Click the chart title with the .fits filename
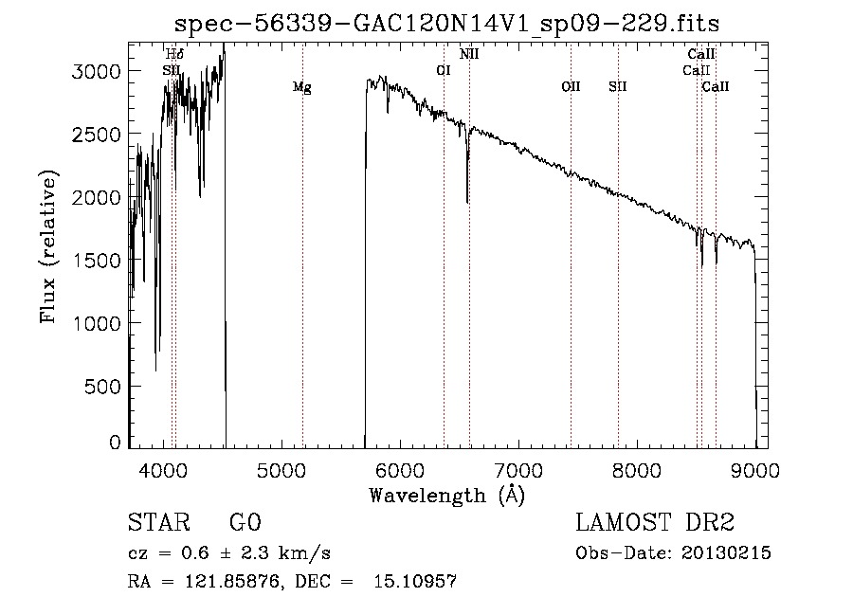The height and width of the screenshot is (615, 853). click(x=446, y=24)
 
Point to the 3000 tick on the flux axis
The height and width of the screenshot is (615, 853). click(x=96, y=71)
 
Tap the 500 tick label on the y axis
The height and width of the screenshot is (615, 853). click(x=101, y=387)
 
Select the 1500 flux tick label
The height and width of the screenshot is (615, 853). click(x=96, y=261)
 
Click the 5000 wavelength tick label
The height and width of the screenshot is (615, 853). click(x=281, y=471)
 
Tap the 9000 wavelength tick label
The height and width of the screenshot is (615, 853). click(x=755, y=471)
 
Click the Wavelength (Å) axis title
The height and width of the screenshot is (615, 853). click(x=447, y=496)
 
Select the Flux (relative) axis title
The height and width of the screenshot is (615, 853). click(x=48, y=246)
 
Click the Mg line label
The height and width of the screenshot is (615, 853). click(x=302, y=87)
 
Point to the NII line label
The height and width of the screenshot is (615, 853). click(x=469, y=54)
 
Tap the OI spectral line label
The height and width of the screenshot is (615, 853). click(x=444, y=70)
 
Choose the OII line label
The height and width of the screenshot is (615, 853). click(x=571, y=86)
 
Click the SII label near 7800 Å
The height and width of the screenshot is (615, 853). click(x=617, y=86)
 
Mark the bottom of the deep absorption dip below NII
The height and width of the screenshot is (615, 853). click(x=467, y=202)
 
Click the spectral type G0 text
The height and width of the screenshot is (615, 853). click(x=245, y=522)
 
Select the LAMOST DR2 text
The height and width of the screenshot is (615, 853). click(x=655, y=522)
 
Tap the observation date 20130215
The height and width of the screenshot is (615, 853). click(x=726, y=553)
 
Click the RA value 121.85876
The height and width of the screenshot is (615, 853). click(x=233, y=582)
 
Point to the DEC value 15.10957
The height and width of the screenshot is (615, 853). click(x=415, y=582)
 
